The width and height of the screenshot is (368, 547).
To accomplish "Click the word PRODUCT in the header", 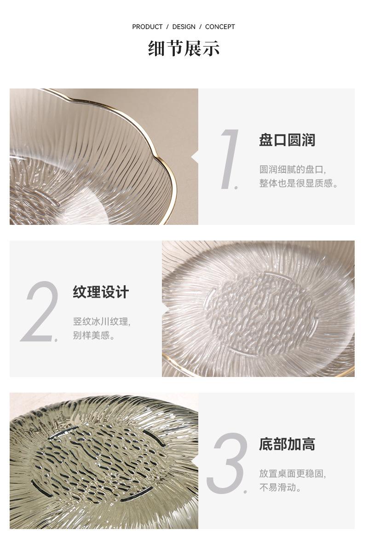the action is [x=147, y=27].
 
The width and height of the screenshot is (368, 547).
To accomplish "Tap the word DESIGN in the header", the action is [x=184, y=27].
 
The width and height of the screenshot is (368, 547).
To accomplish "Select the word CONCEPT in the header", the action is [x=220, y=27].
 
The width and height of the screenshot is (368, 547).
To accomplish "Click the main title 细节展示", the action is [x=184, y=48].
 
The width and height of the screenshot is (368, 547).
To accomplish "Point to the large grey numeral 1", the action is [x=230, y=159].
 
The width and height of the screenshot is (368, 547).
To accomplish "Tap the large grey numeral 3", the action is [x=227, y=463].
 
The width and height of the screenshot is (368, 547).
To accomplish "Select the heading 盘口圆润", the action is [x=287, y=140].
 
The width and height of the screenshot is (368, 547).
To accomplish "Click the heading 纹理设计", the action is [x=101, y=292].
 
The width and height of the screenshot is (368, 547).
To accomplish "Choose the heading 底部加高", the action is [x=287, y=444].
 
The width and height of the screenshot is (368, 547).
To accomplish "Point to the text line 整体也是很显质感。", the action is [x=299, y=183].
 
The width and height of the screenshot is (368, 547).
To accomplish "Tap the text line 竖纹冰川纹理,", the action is [x=102, y=321].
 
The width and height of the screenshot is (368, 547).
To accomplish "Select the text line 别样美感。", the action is [x=94, y=335].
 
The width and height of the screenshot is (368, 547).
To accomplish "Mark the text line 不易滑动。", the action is [x=280, y=488].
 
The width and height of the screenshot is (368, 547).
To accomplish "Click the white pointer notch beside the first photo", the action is [x=195, y=158].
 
